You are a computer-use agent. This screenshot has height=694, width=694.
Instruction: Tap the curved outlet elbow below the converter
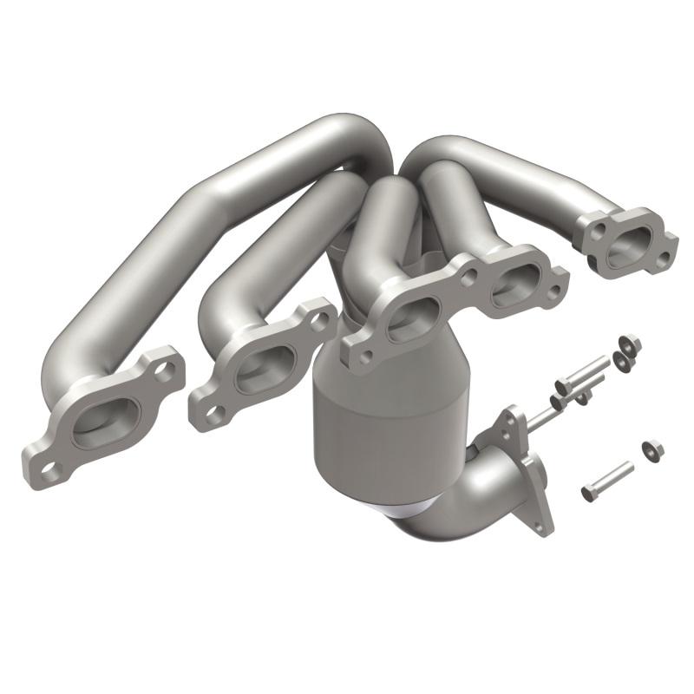[486, 490]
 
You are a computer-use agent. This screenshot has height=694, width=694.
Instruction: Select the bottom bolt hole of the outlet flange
[544, 524]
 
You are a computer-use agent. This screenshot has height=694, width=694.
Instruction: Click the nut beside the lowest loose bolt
[653, 449]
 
